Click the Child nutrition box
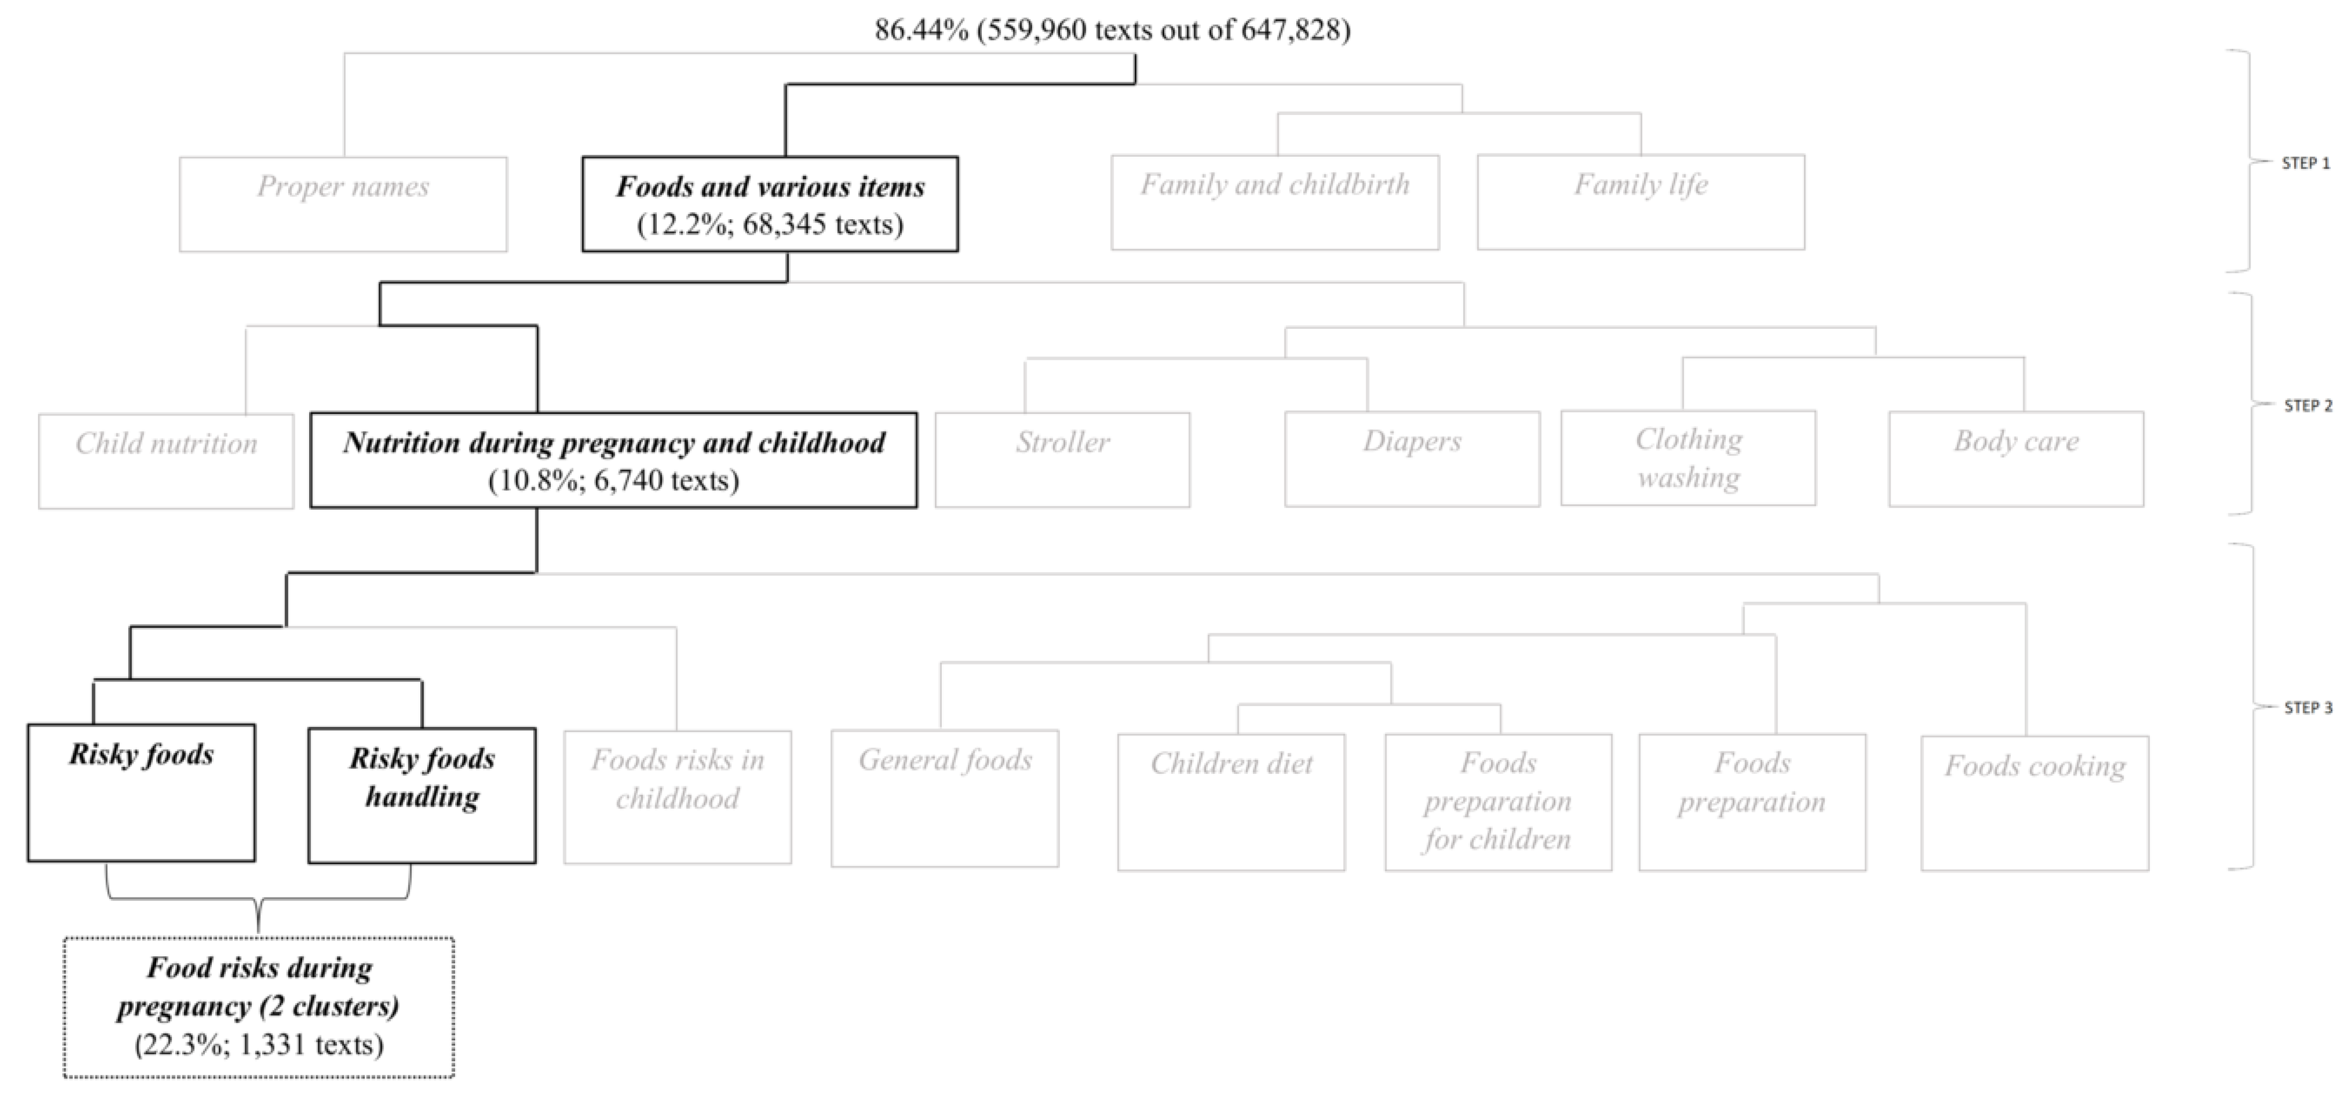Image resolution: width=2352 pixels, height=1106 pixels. click(x=166, y=460)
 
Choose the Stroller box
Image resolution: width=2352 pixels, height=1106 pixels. click(x=1062, y=459)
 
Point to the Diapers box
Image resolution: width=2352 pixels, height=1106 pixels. click(x=1411, y=459)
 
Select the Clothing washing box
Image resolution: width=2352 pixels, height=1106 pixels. click(x=1688, y=458)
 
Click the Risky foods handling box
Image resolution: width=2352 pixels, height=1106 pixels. click(x=422, y=795)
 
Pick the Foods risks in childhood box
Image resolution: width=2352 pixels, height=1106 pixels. click(x=678, y=796)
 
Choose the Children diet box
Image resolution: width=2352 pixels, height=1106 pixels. click(x=1231, y=801)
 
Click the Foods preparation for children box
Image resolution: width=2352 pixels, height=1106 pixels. click(x=1497, y=801)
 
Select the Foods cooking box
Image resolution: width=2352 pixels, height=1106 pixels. click(x=2034, y=802)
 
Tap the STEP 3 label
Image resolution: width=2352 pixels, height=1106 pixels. click(x=2307, y=708)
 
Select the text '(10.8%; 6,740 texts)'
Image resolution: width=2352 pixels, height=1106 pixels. click(x=613, y=480)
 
